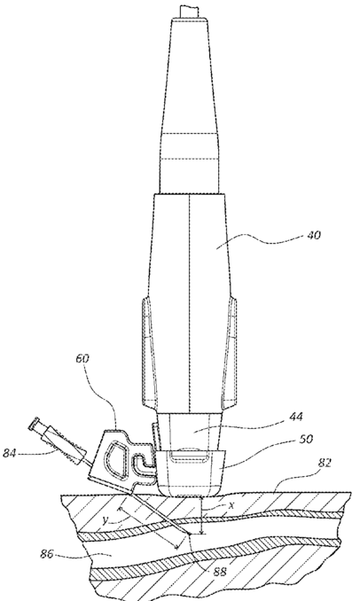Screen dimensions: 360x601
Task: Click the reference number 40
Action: coord(314,235)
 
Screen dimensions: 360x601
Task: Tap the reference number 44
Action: coord(296,417)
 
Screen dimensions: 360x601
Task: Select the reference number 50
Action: coord(306,440)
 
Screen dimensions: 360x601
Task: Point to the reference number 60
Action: coord(82,359)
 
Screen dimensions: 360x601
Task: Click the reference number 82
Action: coord(325,463)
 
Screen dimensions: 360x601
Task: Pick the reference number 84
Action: coord(11,453)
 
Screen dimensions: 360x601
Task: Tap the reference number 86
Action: coord(47,554)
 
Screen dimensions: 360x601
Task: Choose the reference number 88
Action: coord(219,572)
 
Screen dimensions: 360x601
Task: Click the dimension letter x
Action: coord(231,506)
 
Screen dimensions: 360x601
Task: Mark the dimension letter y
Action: coord(105,521)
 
